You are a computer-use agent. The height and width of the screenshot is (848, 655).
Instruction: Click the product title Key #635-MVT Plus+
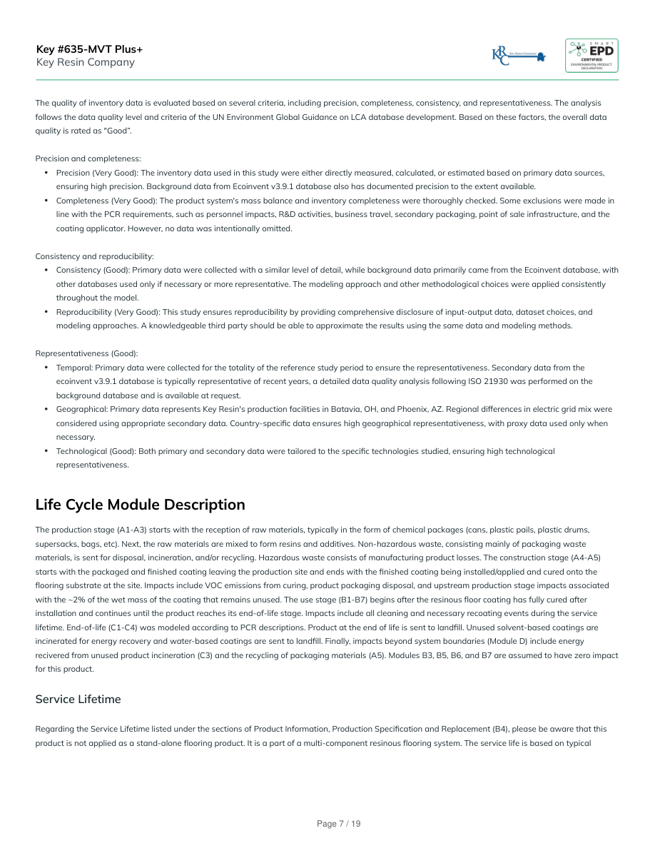tap(89, 49)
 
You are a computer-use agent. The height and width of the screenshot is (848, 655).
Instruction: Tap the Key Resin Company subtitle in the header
tap(85, 62)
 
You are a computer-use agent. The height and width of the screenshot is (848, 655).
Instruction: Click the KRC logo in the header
tap(518, 56)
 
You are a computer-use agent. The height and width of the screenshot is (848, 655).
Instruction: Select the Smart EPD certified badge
tap(591, 55)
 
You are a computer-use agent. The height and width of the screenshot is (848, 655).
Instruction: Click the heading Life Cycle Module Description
tap(140, 505)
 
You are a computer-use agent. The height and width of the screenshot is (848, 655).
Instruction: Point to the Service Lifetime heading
tap(78, 700)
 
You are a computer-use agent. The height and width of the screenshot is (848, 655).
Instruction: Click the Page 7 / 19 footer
tap(339, 824)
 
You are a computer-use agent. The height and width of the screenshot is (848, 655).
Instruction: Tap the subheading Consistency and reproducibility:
tap(94, 256)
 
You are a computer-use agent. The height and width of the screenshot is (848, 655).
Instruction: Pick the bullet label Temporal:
tap(72, 368)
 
